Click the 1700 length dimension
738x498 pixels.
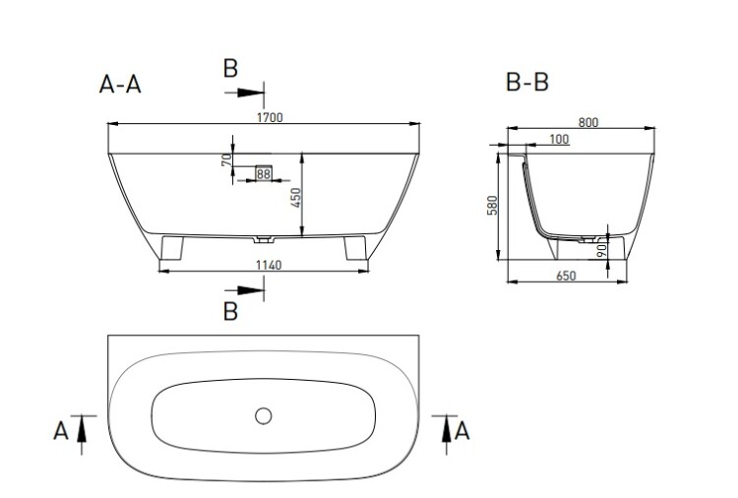(x=270, y=117)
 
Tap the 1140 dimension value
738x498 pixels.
(x=269, y=265)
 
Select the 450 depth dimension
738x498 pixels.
(x=295, y=198)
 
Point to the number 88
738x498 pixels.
(x=263, y=174)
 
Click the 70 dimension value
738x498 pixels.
(x=227, y=160)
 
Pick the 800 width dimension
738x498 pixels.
(x=588, y=122)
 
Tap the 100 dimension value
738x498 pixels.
(x=559, y=140)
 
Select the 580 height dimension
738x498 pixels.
(x=492, y=206)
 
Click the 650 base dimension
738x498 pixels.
(x=566, y=276)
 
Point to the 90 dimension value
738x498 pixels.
(x=601, y=250)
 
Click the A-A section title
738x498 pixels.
(x=120, y=85)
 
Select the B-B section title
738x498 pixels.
(x=527, y=82)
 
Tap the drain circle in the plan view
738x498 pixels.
(x=263, y=416)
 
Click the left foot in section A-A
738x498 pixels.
(x=172, y=248)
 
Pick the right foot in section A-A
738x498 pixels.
(x=355, y=248)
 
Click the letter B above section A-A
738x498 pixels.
(x=230, y=69)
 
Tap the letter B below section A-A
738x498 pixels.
(x=230, y=311)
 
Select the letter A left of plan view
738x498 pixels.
(x=61, y=431)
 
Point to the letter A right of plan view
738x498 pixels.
(x=461, y=431)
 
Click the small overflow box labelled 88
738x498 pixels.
(x=264, y=173)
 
